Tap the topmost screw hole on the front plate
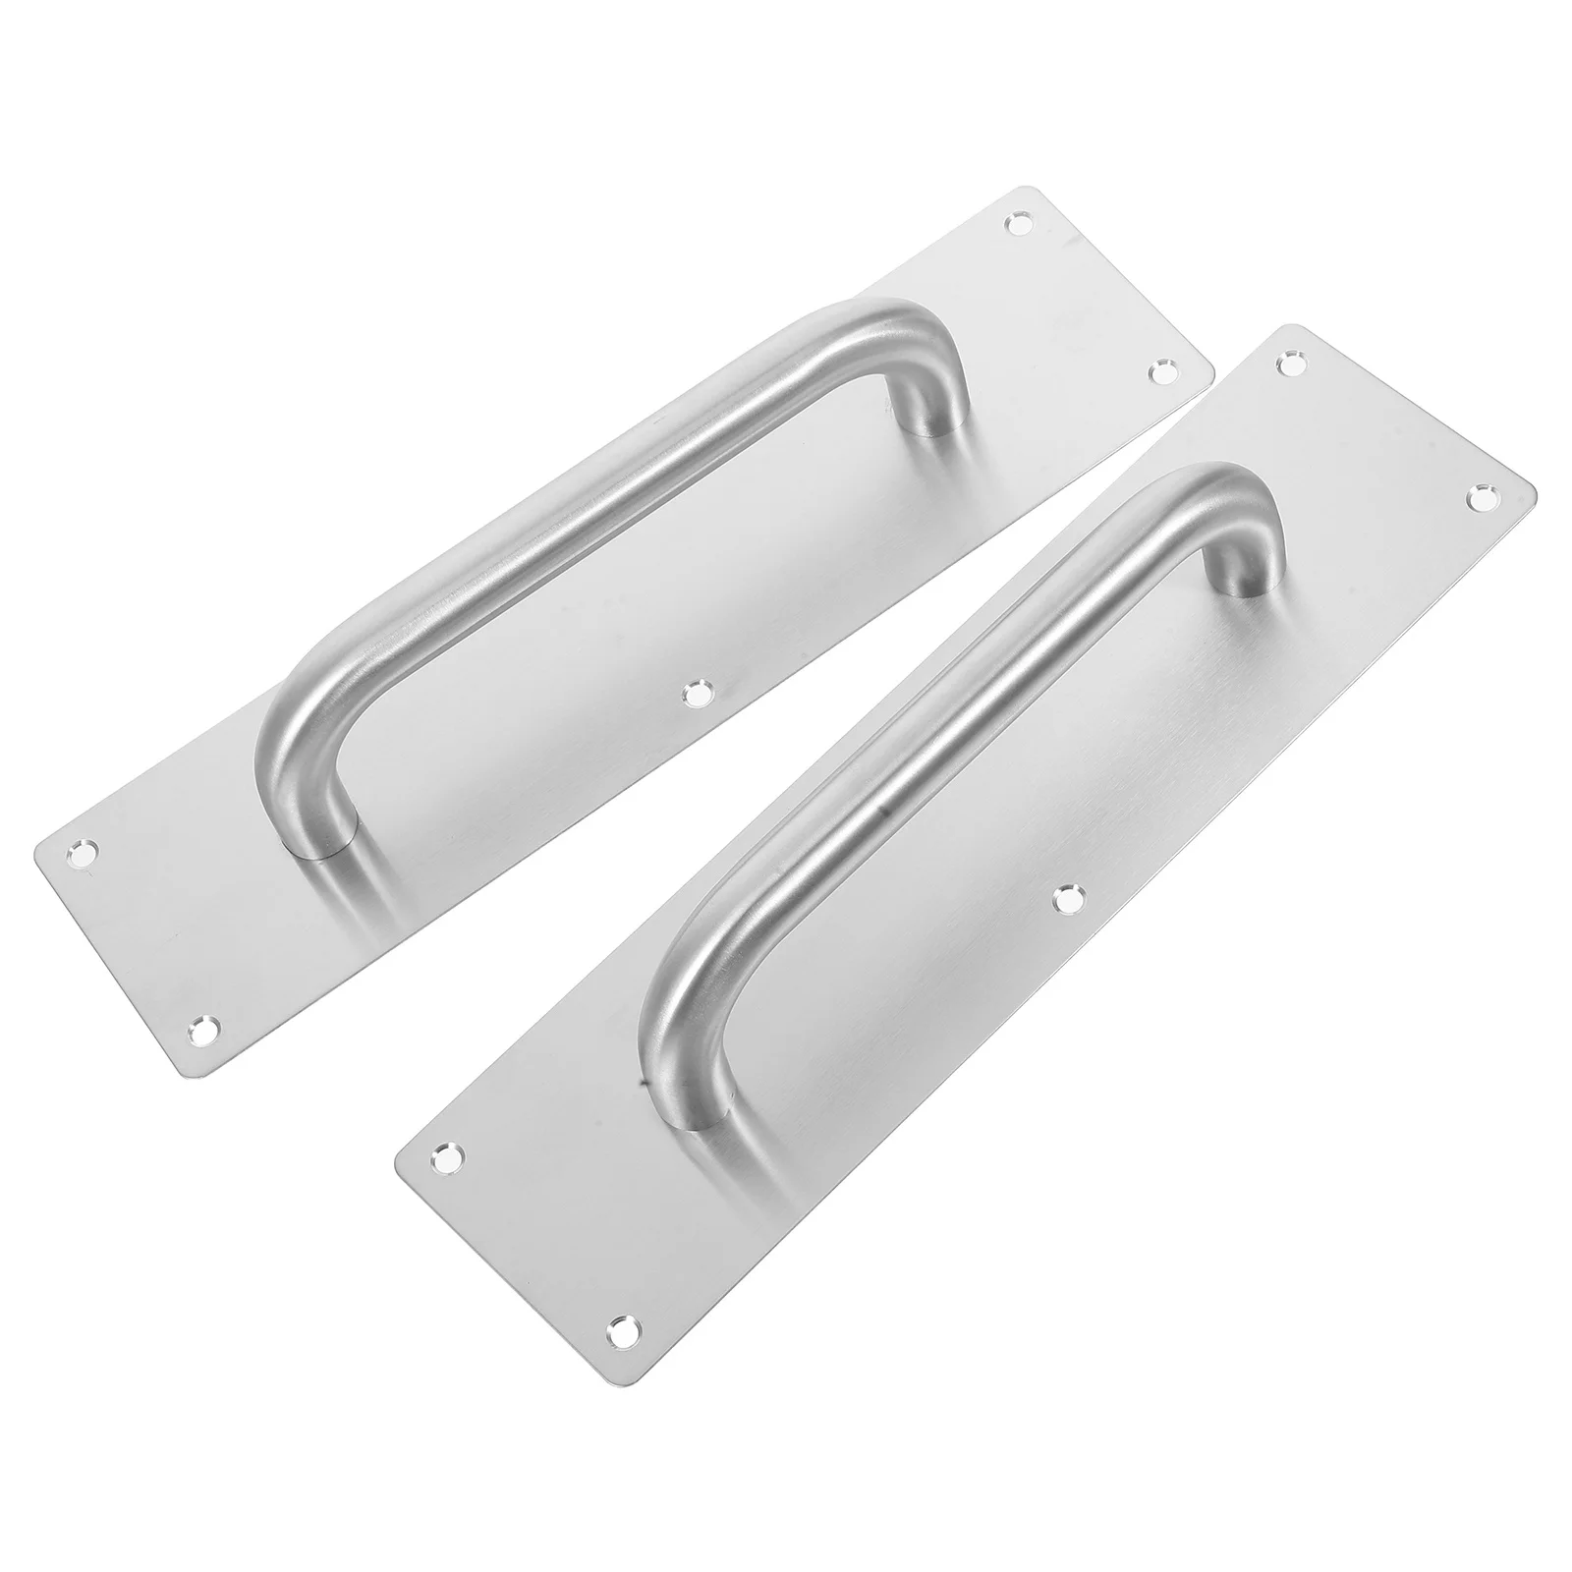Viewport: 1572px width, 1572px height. [x=1290, y=365]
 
